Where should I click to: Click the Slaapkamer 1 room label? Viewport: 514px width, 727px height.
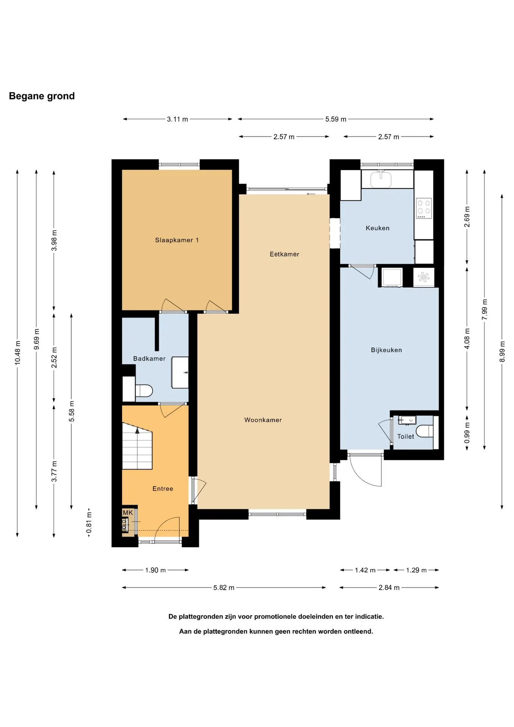pyautogui.click(x=177, y=240)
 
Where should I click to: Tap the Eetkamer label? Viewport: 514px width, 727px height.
pyautogui.click(x=284, y=254)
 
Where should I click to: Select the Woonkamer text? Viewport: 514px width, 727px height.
pyautogui.click(x=263, y=420)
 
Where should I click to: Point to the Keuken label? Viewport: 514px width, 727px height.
pyautogui.click(x=377, y=228)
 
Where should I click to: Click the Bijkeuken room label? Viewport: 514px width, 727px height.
pyautogui.click(x=386, y=350)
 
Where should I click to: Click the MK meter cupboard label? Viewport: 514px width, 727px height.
pyautogui.click(x=128, y=513)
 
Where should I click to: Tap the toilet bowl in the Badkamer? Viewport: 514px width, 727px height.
pyautogui.click(x=144, y=390)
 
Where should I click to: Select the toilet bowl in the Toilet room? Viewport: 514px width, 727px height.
pyautogui.click(x=425, y=431)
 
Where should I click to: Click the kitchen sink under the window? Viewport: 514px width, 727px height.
pyautogui.click(x=381, y=179)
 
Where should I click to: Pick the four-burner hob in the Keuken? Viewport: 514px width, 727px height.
pyautogui.click(x=424, y=208)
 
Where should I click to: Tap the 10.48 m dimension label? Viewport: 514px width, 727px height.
pyautogui.click(x=17, y=353)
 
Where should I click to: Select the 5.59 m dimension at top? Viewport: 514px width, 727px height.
pyautogui.click(x=336, y=119)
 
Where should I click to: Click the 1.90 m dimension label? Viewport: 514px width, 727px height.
pyautogui.click(x=155, y=570)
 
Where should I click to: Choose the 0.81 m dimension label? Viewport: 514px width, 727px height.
pyautogui.click(x=89, y=523)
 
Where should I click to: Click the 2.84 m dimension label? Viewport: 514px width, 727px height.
pyautogui.click(x=389, y=587)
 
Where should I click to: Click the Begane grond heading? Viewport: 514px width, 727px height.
pyautogui.click(x=42, y=96)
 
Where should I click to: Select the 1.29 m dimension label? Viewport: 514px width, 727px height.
pyautogui.click(x=416, y=570)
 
